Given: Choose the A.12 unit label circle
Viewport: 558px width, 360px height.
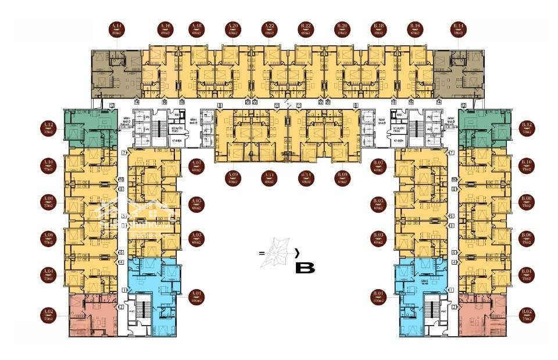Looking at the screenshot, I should click(x=48, y=127).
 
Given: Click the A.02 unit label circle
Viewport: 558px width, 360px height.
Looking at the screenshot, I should click(x=48, y=315).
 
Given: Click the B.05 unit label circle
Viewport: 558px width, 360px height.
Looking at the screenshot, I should click(x=379, y=204).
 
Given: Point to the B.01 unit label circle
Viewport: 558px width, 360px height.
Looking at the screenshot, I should click(x=379, y=297).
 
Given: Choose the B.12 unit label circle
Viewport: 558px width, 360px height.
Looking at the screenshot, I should click(x=527, y=127).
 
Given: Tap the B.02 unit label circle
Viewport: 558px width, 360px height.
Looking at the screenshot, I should click(x=527, y=315).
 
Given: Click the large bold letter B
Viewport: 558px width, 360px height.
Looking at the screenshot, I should click(x=305, y=269).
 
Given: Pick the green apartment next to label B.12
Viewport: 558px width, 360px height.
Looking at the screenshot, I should click(x=482, y=127).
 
